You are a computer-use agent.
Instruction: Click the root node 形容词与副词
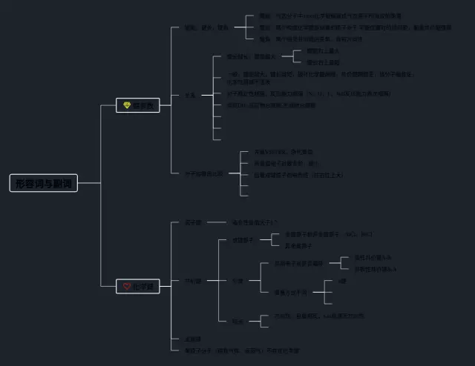pos(44,183)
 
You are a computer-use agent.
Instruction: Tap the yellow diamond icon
pos(127,106)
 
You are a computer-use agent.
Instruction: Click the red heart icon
pos(127,286)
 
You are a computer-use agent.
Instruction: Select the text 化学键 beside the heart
pos(144,286)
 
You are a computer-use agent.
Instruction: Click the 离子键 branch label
pos(192,222)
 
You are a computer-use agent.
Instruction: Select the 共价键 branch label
pos(192,281)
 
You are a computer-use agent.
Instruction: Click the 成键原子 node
pos(243,240)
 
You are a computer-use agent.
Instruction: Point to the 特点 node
pos(237,321)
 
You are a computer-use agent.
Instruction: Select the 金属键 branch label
pos(192,339)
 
